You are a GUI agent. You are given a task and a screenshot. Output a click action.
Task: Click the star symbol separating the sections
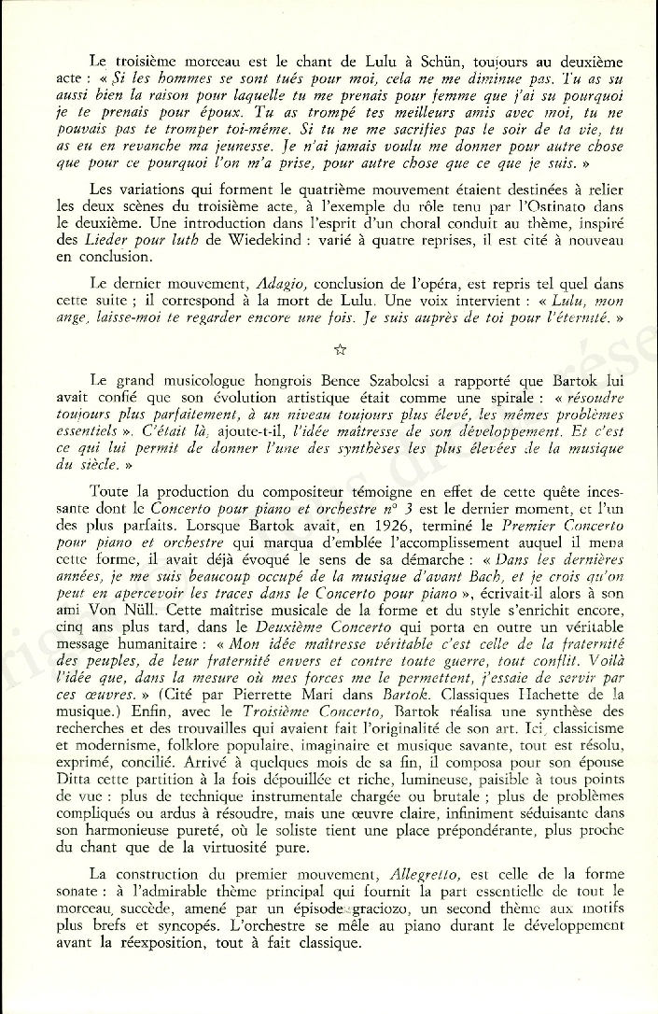coord(340,350)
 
